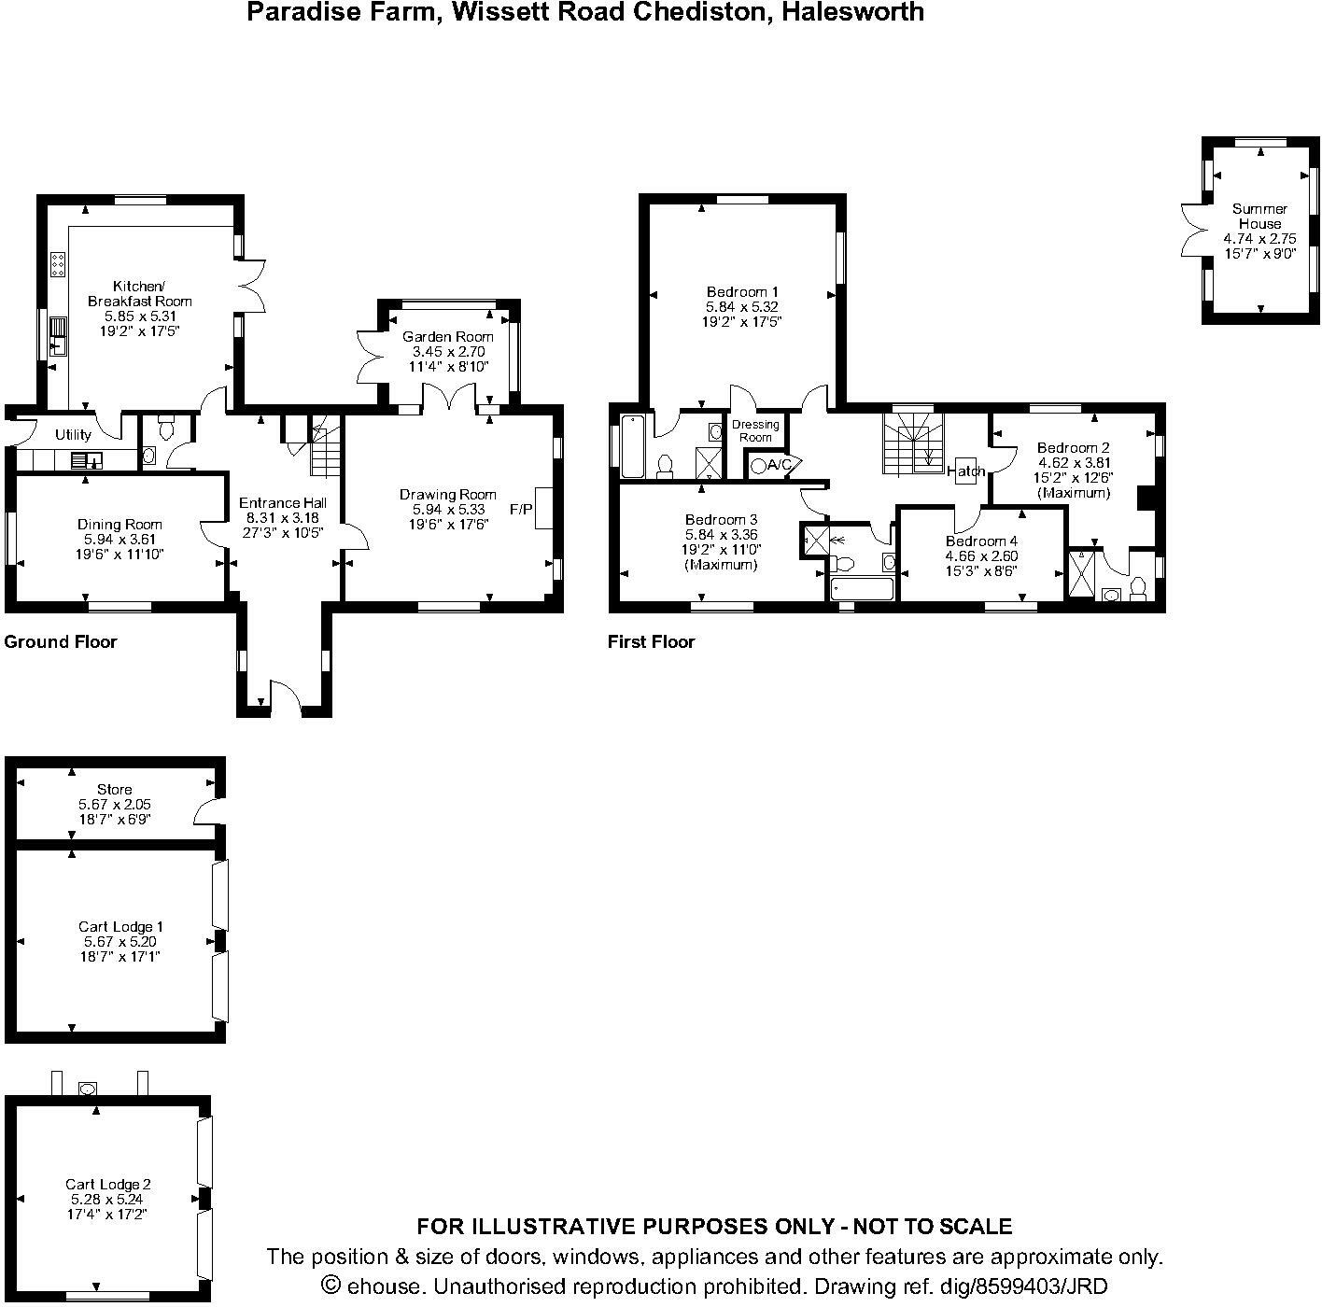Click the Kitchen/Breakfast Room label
pyautogui.click(x=139, y=294)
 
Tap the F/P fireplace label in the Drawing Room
pyautogui.click(x=521, y=509)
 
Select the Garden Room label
pyautogui.click(x=447, y=336)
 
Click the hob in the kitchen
pyautogui.click(x=58, y=264)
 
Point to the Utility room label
pyautogui.click(x=73, y=434)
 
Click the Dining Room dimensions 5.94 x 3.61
pyautogui.click(x=120, y=540)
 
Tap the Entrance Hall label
pyautogui.click(x=283, y=503)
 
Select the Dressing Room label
pyautogui.click(x=755, y=431)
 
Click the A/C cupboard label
pyautogui.click(x=780, y=465)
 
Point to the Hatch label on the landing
pyautogui.click(x=966, y=471)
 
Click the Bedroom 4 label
pyautogui.click(x=981, y=541)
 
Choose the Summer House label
pyautogui.click(x=1259, y=216)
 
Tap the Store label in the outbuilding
pyautogui.click(x=115, y=789)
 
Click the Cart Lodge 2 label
pyautogui.click(x=107, y=1184)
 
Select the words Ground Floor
pyautogui.click(x=61, y=641)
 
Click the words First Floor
pyautogui.click(x=651, y=641)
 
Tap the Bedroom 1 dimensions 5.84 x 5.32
pyautogui.click(x=741, y=307)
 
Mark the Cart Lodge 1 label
pyautogui.click(x=120, y=926)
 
